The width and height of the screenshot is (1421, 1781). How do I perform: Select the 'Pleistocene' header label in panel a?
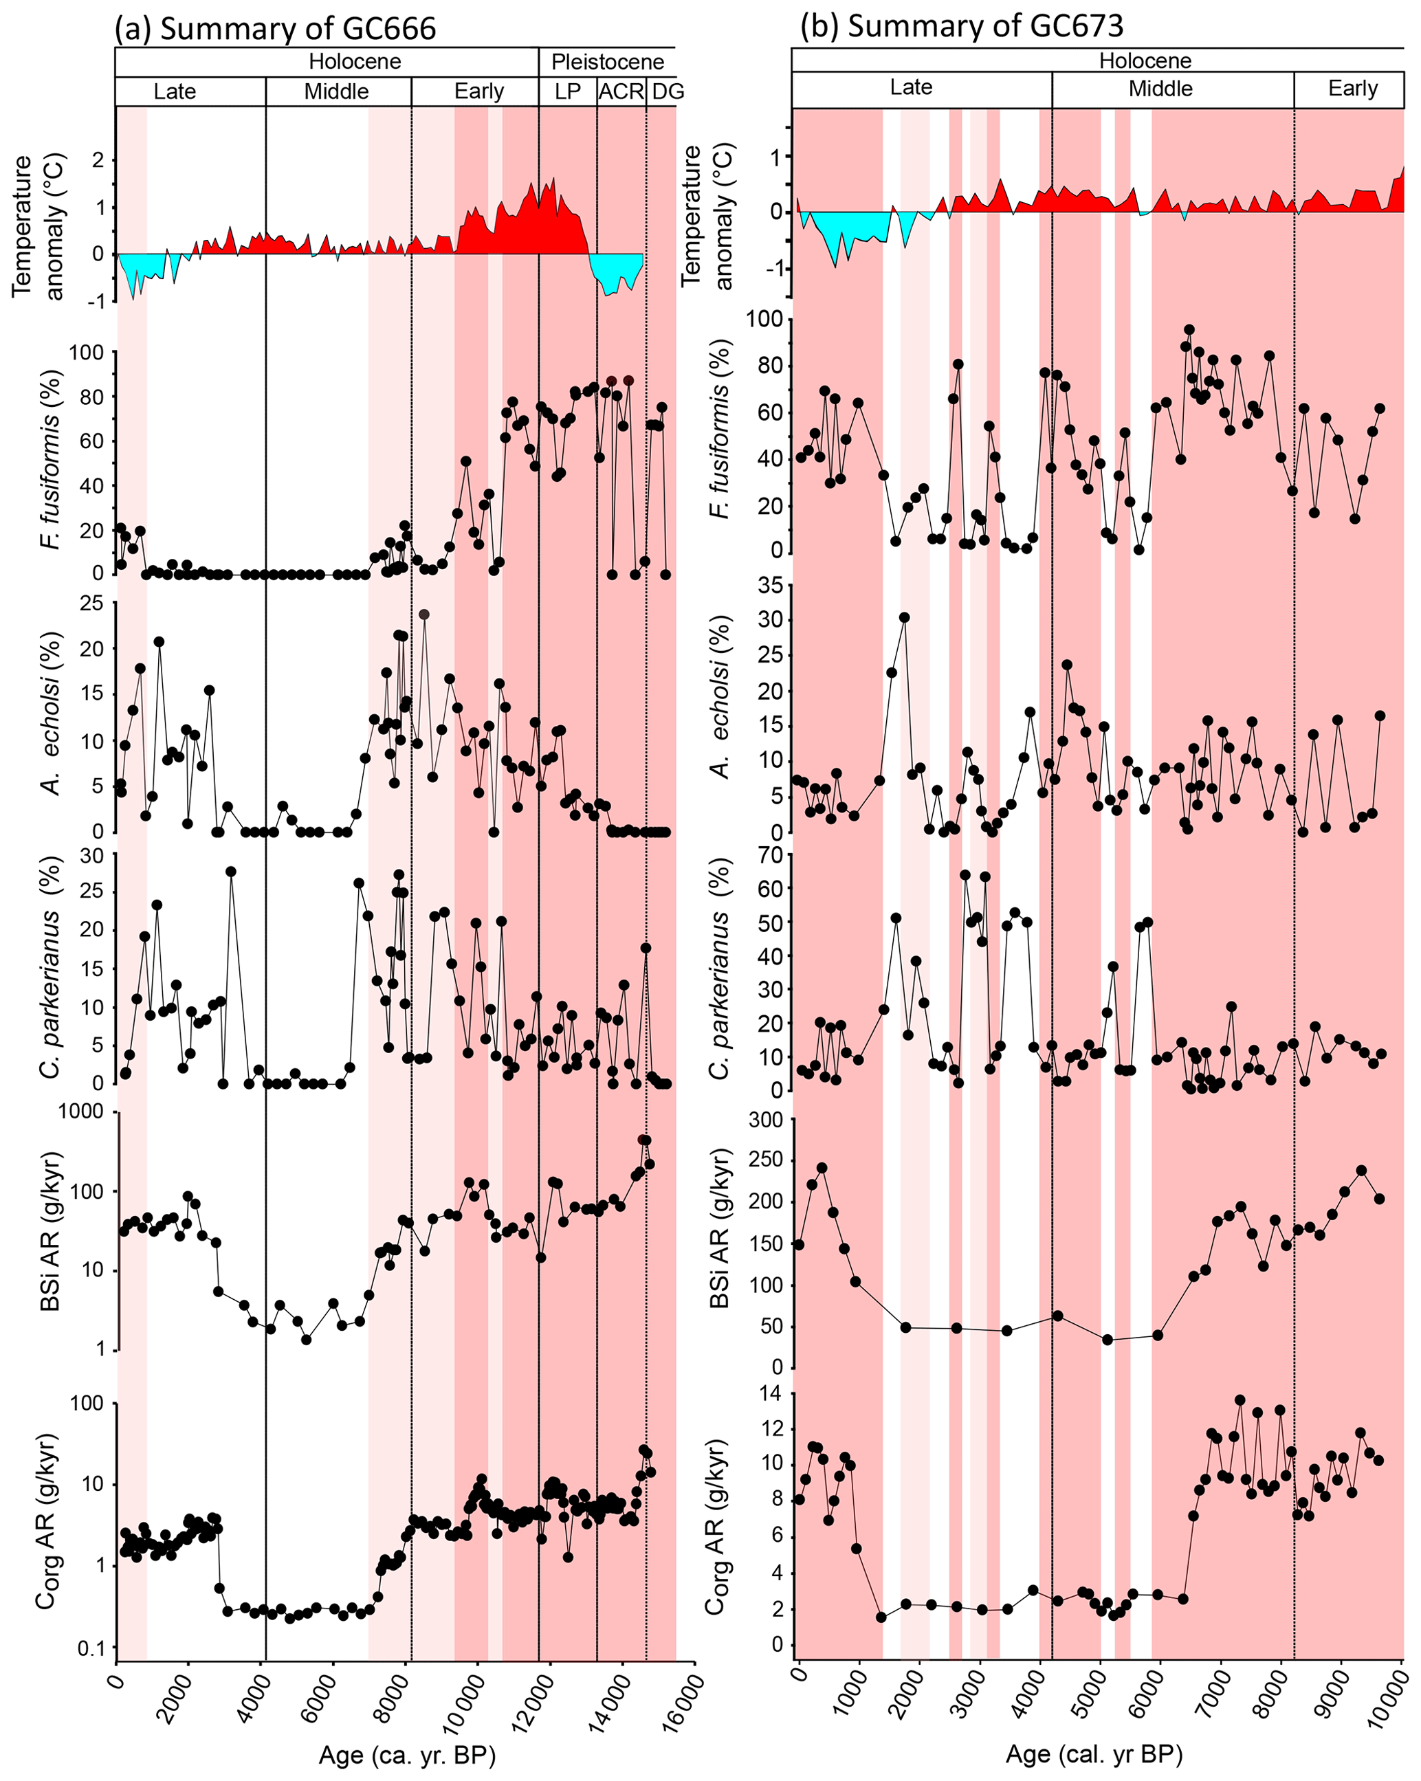607,62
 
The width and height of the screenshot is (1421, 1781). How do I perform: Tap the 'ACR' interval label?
621,91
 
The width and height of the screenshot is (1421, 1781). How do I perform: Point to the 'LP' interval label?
568,91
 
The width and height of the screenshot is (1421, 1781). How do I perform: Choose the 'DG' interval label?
668,91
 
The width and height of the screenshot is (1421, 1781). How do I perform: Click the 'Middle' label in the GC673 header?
1160,89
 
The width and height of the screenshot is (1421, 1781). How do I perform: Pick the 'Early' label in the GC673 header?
1352,89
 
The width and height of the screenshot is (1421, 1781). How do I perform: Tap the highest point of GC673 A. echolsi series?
905,617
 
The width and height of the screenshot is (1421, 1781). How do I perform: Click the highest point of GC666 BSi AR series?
646,1140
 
